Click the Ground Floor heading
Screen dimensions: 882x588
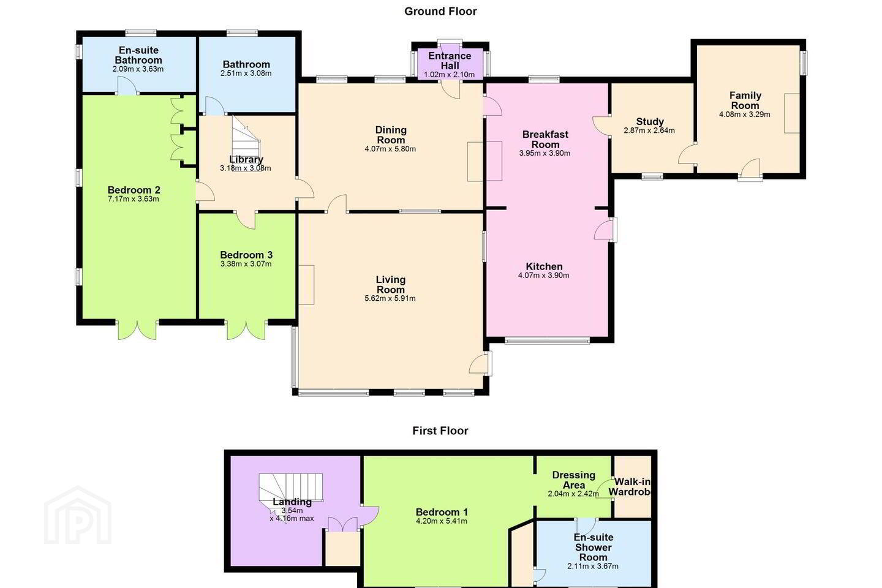click(440, 12)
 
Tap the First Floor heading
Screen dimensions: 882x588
click(440, 431)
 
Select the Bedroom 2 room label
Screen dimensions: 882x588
click(134, 190)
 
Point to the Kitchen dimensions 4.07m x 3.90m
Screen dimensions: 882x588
click(543, 275)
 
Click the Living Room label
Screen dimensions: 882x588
click(390, 284)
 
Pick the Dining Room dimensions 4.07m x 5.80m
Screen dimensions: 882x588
click(390, 149)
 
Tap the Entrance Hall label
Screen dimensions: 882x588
click(450, 61)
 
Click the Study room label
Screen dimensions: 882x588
click(650, 121)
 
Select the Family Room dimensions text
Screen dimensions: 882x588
click(745, 115)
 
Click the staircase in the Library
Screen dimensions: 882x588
click(246, 143)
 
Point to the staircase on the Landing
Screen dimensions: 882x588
click(290, 491)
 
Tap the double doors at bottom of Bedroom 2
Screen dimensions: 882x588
click(137, 330)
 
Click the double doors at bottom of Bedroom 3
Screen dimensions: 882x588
click(246, 330)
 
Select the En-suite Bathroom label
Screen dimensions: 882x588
click(138, 55)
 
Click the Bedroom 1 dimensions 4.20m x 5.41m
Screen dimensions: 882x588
click(442, 521)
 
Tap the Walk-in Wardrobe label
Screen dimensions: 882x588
click(630, 487)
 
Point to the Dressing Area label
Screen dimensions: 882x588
click(574, 480)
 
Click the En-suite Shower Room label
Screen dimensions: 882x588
click(593, 547)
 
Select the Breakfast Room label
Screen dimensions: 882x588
click(545, 139)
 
